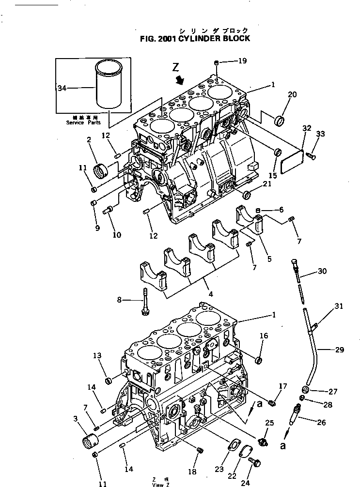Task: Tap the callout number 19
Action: click(x=242, y=61)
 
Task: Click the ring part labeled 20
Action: click(x=280, y=120)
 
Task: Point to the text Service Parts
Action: click(x=82, y=123)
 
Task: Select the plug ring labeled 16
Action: click(x=259, y=360)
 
